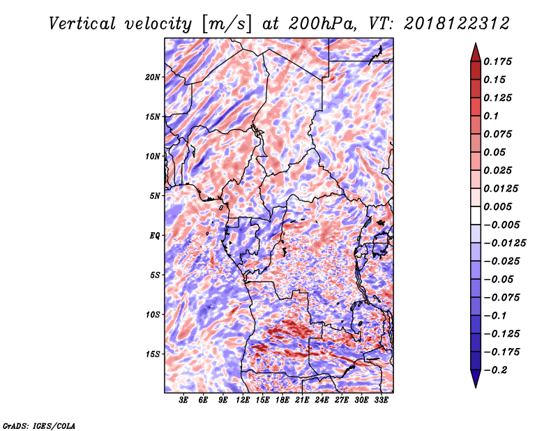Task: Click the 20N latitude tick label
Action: click(153, 77)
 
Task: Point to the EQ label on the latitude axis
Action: click(155, 236)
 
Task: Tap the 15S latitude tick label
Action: click(153, 354)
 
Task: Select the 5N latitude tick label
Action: click(155, 196)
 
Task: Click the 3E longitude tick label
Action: click(183, 400)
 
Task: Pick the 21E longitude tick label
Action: click(302, 400)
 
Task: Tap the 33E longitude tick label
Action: click(381, 400)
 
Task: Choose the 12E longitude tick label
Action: click(242, 400)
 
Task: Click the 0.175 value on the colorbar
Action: click(497, 61)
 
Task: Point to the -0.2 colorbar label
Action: click(495, 370)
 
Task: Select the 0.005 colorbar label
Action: click(497, 206)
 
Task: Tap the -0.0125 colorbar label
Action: click(504, 243)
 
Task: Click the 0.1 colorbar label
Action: click(491, 116)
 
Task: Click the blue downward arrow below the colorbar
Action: click(476, 379)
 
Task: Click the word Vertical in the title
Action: click(82, 24)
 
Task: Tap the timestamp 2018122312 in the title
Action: click(457, 24)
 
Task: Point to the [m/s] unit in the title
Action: click(227, 24)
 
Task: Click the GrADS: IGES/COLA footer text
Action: click(39, 425)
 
